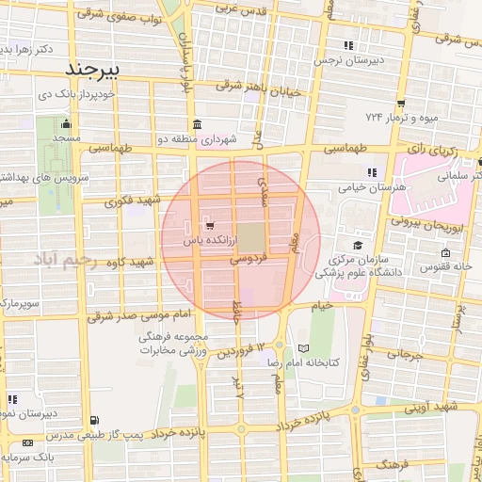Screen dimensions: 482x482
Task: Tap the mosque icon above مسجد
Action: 65,123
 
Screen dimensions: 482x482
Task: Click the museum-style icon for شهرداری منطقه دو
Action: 196,125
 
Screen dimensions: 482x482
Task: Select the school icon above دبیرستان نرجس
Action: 348,44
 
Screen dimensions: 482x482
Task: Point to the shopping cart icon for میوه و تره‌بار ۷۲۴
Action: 401,103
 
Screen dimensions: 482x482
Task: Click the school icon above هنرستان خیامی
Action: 372,172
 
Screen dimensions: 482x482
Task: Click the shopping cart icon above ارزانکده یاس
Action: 208,226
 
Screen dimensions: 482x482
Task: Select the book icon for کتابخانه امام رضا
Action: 302,349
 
